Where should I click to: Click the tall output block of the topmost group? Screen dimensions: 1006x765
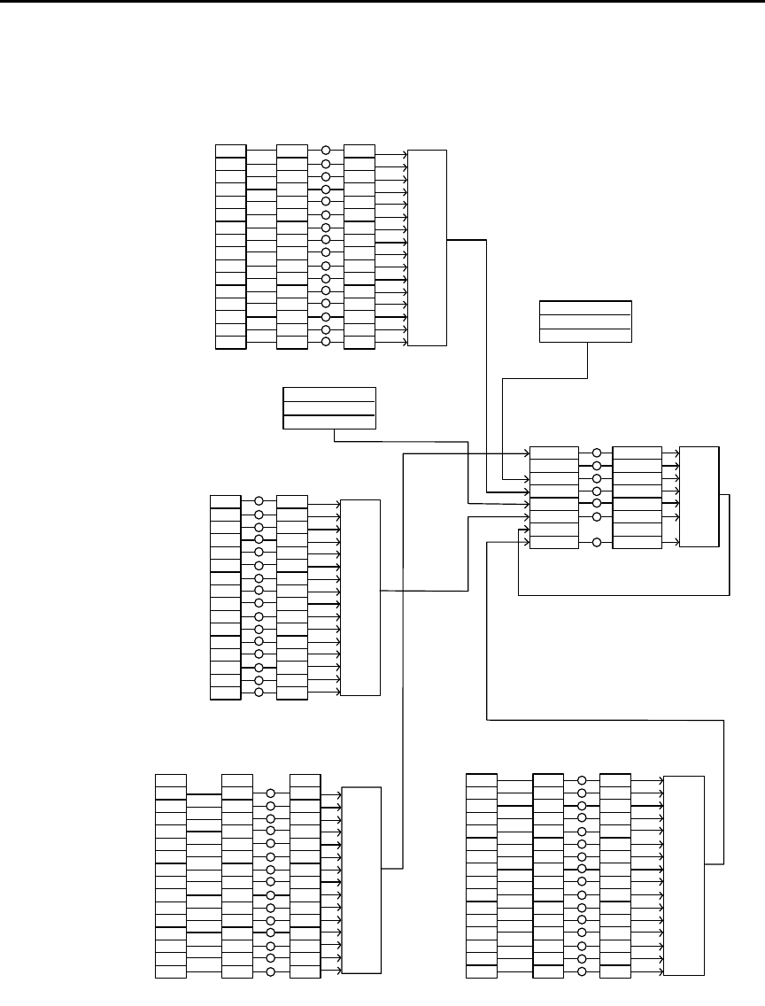(x=427, y=247)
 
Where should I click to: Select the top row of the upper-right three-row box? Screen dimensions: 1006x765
(x=585, y=307)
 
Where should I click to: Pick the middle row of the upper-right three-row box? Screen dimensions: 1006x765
(x=585, y=321)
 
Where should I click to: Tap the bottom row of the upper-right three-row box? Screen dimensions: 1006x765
(x=585, y=334)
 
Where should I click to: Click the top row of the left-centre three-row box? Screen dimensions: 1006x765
(x=328, y=393)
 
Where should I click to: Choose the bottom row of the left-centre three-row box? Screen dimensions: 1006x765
(x=328, y=422)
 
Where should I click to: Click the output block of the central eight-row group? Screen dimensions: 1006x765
(x=699, y=497)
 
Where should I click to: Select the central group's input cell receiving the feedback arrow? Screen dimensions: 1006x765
(x=554, y=542)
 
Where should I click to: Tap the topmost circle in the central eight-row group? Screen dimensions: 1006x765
(x=597, y=453)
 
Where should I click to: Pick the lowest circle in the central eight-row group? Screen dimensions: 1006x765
(x=597, y=542)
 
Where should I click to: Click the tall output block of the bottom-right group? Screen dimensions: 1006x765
(x=684, y=875)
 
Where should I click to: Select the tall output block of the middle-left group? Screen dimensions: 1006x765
(x=360, y=597)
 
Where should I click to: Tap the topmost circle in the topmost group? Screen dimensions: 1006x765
(x=326, y=151)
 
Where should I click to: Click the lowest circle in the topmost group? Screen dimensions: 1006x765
(x=326, y=342)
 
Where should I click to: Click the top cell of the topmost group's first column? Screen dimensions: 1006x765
(x=230, y=151)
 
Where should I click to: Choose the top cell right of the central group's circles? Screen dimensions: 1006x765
(x=637, y=453)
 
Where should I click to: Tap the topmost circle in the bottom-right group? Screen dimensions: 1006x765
(x=582, y=780)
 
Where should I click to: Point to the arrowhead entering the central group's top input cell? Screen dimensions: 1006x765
(x=526, y=453)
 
